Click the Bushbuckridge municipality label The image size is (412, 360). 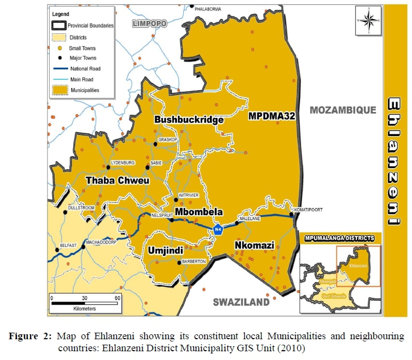(189, 119)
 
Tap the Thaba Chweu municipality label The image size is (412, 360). (117, 180)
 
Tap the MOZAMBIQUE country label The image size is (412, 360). (343, 110)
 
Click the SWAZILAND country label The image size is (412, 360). (241, 302)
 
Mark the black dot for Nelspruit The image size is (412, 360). (171, 221)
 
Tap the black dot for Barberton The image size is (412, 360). (179, 262)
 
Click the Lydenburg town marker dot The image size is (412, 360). (102, 168)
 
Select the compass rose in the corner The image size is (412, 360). (368, 21)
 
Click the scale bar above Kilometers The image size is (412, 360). (85, 302)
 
